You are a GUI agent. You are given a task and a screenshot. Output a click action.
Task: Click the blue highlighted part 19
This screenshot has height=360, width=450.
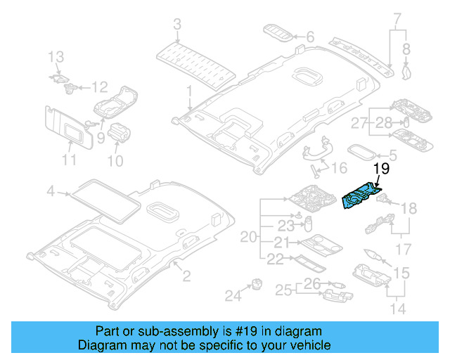click(x=360, y=195)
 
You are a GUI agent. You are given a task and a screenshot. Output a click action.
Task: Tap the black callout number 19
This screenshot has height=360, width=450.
click(x=381, y=169)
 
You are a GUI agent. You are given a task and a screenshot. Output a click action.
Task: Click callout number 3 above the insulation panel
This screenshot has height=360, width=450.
click(x=177, y=24)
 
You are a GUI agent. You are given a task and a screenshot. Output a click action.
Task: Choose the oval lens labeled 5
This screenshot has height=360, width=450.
click(x=361, y=153)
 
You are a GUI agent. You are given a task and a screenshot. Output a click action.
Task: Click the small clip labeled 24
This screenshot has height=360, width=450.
click(x=257, y=283)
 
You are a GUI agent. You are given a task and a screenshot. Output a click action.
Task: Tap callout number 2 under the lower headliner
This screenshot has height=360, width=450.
click(x=186, y=276)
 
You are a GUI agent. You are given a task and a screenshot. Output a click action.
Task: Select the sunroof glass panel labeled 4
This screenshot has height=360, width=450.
click(x=105, y=201)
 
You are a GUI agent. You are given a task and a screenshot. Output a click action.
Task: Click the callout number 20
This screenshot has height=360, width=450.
click(x=248, y=237)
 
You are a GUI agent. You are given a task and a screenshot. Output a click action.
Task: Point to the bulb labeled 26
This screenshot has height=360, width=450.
click(x=337, y=285)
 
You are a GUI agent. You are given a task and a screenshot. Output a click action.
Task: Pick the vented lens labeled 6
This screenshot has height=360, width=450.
click(x=278, y=34)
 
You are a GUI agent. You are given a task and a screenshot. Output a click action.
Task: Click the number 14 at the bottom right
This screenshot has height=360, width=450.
click(x=398, y=309)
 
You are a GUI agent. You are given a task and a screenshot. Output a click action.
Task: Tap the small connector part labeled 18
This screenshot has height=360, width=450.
click(x=382, y=198)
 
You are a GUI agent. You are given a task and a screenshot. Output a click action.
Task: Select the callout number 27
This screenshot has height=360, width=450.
click(x=359, y=123)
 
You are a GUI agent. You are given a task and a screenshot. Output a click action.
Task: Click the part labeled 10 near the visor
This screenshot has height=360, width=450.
click(x=119, y=132)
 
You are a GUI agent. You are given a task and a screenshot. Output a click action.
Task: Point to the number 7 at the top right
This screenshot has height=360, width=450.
click(x=397, y=18)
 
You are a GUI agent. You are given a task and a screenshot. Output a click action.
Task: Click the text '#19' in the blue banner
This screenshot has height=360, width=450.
click(x=246, y=331)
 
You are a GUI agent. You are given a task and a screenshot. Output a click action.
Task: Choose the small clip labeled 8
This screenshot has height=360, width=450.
click(x=406, y=72)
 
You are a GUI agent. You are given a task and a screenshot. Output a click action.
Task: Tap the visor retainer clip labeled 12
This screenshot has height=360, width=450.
click(x=70, y=88)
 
